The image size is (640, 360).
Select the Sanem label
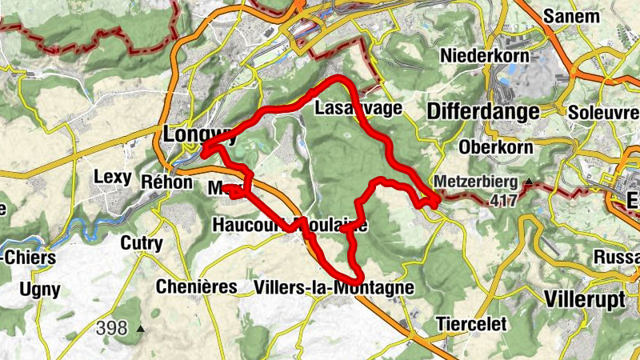click(570, 15)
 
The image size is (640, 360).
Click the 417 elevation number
click(505, 199)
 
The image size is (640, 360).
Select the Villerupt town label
click(588, 298)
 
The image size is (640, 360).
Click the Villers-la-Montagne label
click(333, 287)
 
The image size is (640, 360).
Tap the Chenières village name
click(196, 286)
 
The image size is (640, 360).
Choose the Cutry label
click(141, 243)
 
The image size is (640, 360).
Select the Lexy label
click(112, 177)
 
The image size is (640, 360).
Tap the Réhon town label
click(167, 182)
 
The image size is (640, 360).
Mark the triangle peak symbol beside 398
click(141, 328)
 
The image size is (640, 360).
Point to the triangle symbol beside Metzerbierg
click(529, 182)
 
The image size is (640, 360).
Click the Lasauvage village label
click(358, 108)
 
